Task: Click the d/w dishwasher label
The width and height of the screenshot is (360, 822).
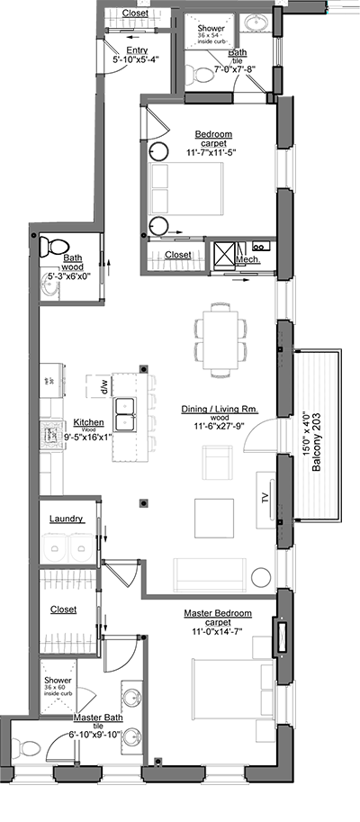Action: (104, 390)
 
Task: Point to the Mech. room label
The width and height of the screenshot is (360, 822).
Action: (247, 259)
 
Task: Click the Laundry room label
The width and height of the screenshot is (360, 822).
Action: (67, 519)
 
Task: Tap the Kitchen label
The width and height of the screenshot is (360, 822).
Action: (88, 421)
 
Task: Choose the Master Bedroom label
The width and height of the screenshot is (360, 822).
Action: (217, 613)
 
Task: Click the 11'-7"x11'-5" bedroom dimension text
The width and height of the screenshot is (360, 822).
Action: (212, 154)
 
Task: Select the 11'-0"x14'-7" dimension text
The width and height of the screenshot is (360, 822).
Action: (217, 632)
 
